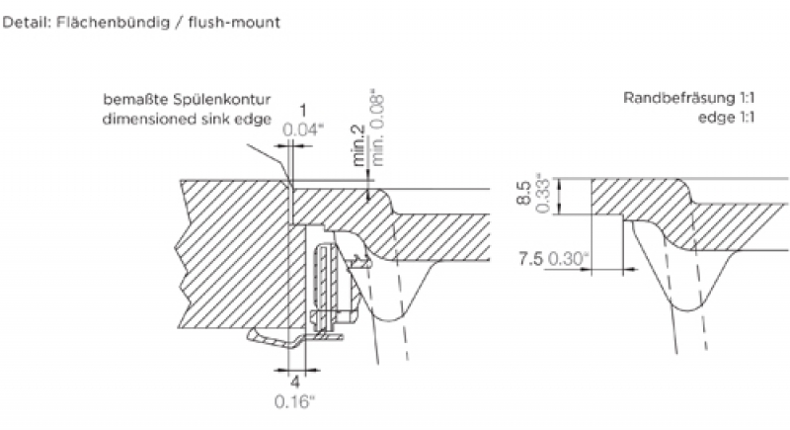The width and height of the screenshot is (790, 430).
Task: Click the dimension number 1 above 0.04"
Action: [x=303, y=111]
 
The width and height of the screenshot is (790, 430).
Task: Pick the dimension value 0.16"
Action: [x=296, y=400]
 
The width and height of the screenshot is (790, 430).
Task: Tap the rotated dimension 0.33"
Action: [x=542, y=193]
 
